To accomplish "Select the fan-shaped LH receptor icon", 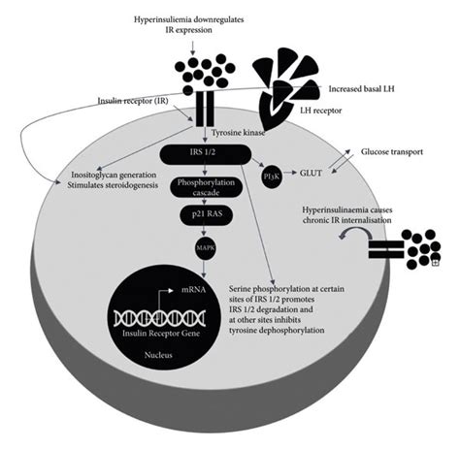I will tap(285, 83).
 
